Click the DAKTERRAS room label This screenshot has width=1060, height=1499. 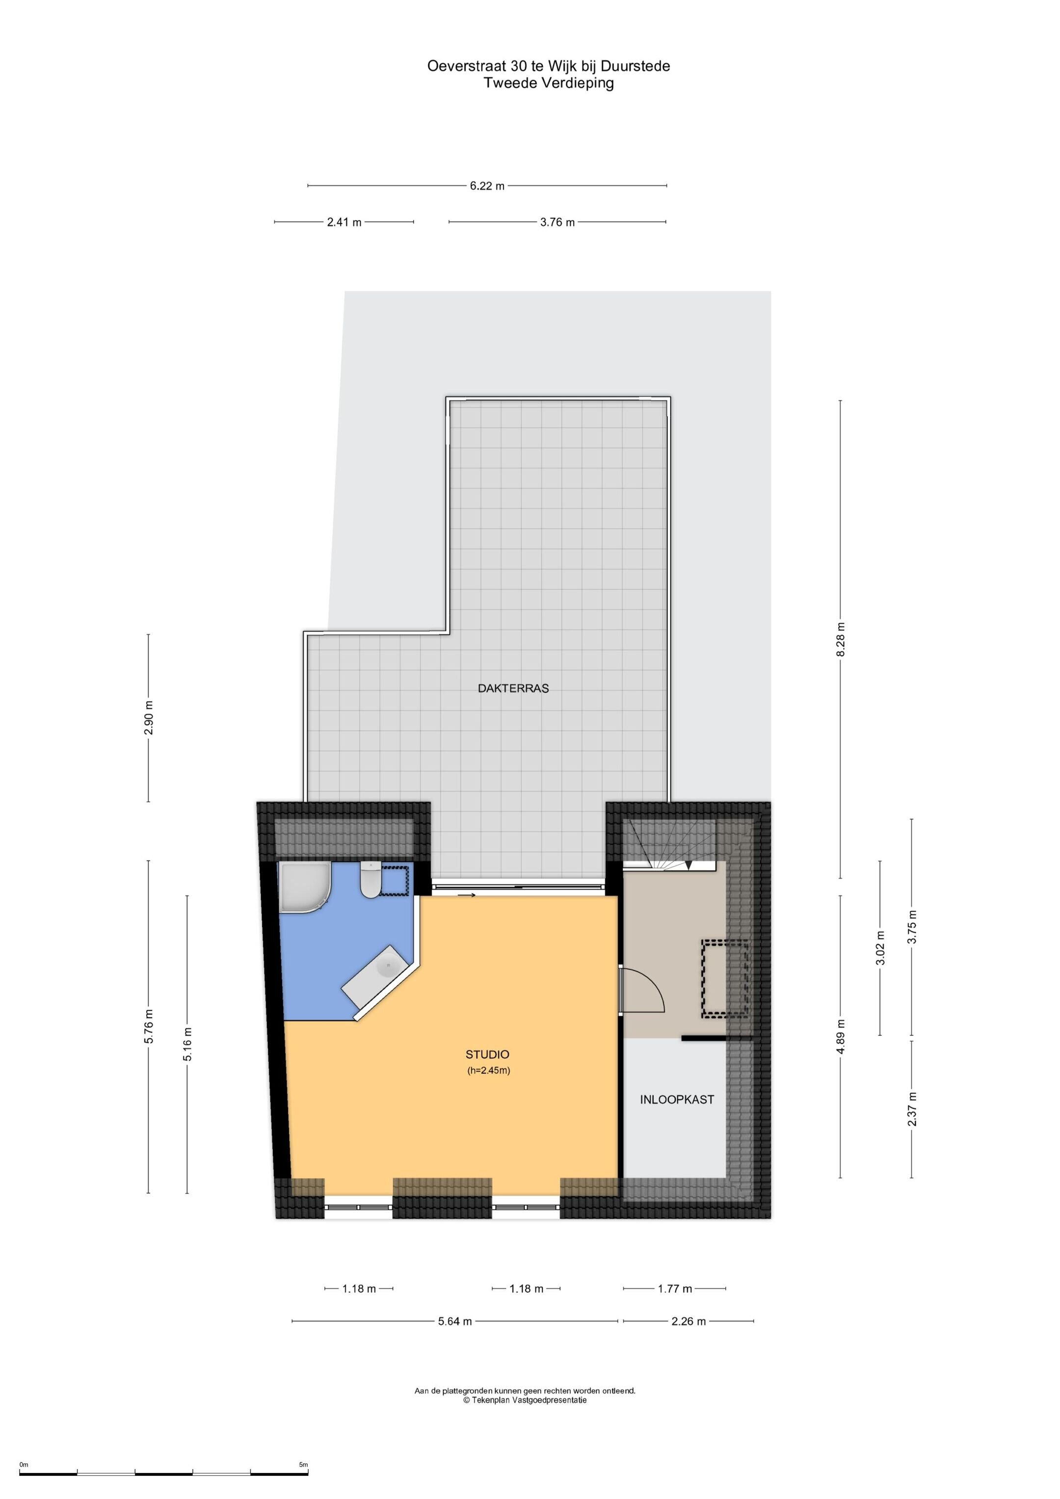[513, 688]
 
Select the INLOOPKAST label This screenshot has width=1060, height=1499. [677, 1100]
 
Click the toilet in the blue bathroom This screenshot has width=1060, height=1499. [371, 880]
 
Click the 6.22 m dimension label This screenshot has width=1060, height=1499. [487, 186]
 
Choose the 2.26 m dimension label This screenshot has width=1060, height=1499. [689, 1321]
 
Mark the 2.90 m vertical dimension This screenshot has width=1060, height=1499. [149, 718]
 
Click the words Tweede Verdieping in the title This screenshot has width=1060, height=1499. [549, 83]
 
